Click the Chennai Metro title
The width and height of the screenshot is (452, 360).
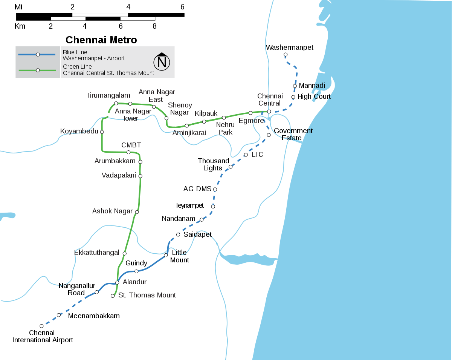(101, 40)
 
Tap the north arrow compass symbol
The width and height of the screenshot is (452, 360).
(162, 61)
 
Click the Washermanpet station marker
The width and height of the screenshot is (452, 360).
(286, 55)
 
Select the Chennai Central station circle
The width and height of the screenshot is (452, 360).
(269, 112)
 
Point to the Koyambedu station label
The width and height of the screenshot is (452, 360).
(79, 131)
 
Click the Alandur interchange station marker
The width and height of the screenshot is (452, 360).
(117, 282)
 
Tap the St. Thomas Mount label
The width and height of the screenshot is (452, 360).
(147, 295)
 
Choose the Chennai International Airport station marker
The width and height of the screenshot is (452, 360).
(41, 326)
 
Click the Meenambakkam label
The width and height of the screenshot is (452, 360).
(94, 316)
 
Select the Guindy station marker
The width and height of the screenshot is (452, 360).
(136, 271)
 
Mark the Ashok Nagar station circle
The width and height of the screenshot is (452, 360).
(137, 212)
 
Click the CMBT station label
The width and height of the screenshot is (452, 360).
(131, 145)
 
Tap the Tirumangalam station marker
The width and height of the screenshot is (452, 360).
(116, 103)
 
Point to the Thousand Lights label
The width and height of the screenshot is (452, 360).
(214, 164)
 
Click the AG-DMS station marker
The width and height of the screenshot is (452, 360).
(215, 189)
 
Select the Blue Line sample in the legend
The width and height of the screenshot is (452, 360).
(38, 55)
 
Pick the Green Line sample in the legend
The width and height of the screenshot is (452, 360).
(38, 70)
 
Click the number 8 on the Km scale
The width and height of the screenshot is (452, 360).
(154, 26)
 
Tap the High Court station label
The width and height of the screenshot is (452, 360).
(314, 97)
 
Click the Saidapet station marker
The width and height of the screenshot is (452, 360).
(178, 234)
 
